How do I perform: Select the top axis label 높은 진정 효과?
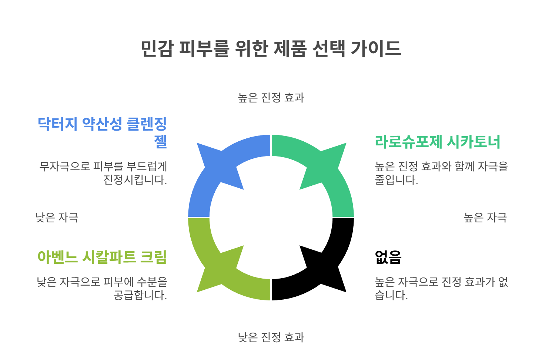coord(271,98)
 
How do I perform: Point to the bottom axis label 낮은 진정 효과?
coord(271,337)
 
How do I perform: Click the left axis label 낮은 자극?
coord(57,217)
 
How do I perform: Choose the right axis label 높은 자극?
coord(485,217)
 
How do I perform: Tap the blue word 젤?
coord(160,141)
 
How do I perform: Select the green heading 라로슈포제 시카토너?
coord(438,142)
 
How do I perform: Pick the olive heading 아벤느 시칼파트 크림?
coord(102,257)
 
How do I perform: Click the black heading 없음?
coord(388,257)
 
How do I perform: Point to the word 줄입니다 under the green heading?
coord(396,180)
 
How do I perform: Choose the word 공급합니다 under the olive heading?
coord(140,295)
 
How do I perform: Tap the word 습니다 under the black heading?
coord(391,295)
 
